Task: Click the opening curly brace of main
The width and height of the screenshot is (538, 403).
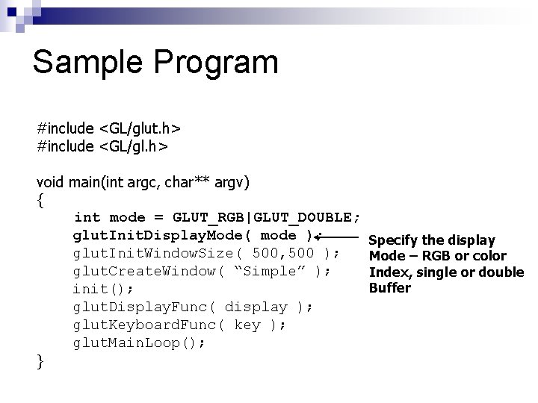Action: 40,200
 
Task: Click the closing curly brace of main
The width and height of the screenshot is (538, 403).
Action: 40,361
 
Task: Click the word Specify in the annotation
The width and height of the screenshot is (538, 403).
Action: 394,240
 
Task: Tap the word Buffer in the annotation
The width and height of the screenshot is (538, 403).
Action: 389,288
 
